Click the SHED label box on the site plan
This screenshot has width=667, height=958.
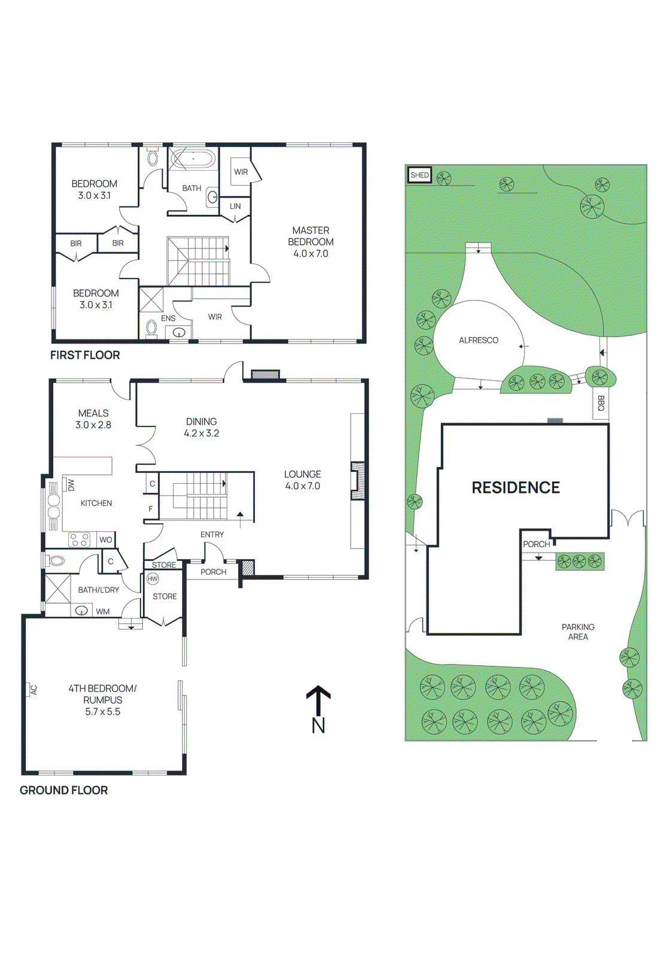(419, 175)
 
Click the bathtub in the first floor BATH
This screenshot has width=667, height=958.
(191, 159)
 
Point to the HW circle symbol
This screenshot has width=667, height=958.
(153, 579)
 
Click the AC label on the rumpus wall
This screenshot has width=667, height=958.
(33, 690)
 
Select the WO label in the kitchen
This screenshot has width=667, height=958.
(106, 539)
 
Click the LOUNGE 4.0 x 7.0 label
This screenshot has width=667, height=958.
(302, 480)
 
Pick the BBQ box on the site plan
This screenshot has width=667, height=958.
(600, 403)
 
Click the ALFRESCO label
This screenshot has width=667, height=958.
(479, 340)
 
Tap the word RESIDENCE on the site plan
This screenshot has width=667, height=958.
(516, 487)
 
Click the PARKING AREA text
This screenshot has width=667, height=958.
(578, 632)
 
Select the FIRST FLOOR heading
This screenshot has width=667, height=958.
(85, 355)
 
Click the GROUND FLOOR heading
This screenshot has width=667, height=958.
(64, 790)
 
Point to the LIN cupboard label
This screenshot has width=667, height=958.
(235, 206)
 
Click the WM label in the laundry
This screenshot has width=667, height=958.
(103, 611)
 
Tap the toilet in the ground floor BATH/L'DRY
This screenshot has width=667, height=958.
(56, 560)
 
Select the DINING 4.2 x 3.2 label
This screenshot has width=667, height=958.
(201, 427)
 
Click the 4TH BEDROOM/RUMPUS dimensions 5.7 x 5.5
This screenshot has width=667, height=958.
(102, 711)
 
